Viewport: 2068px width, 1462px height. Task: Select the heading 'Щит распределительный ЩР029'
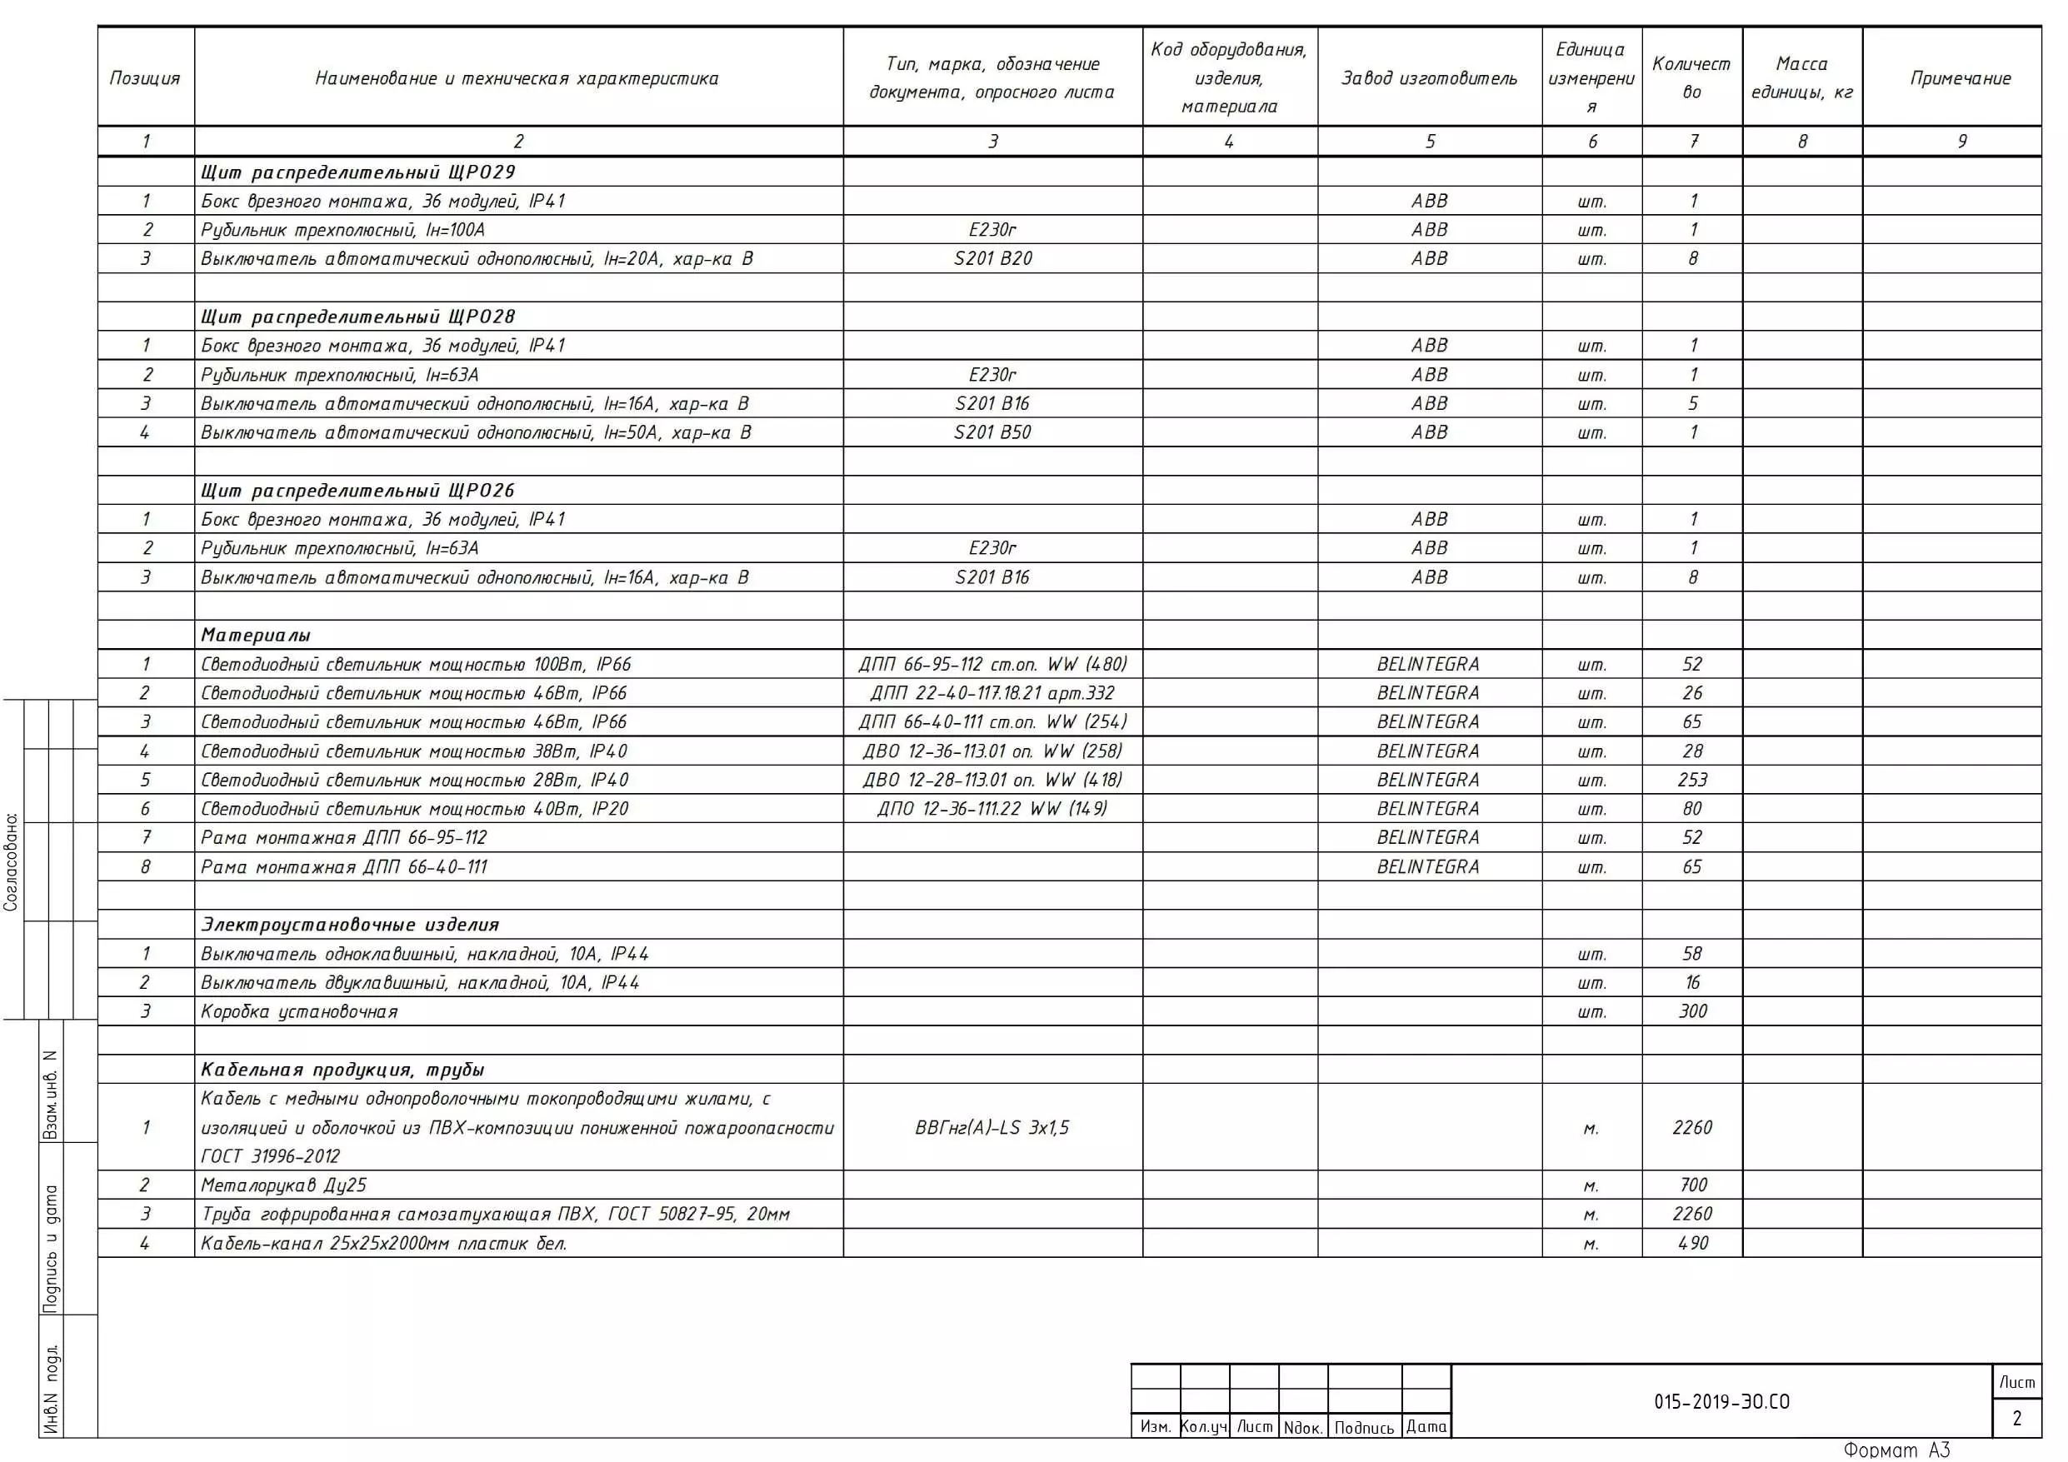tap(357, 172)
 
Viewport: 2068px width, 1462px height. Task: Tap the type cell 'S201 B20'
tap(992, 258)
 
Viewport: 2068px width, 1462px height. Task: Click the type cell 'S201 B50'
tap(992, 432)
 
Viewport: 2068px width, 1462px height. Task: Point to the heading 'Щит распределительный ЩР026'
tap(357, 490)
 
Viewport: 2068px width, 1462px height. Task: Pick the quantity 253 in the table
tap(1692, 780)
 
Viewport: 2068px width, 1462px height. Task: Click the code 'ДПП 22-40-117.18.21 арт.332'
tap(992, 694)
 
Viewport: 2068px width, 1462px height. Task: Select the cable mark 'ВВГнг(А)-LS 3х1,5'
tap(992, 1128)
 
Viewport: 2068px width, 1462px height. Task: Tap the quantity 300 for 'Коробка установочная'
tap(1692, 1011)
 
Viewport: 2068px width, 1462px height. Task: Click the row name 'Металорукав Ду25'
tap(284, 1185)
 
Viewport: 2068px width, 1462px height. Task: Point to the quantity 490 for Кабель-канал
tap(1692, 1243)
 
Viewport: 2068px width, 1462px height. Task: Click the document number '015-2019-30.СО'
tap(1721, 1402)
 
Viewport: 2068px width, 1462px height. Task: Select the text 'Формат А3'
tap(1896, 1450)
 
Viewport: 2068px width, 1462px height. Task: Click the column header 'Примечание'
tap(1960, 78)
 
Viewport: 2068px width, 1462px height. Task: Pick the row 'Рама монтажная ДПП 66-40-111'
tap(344, 867)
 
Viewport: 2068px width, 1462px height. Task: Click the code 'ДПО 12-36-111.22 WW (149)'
tap(992, 809)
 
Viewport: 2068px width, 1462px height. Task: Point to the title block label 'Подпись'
tap(1364, 1428)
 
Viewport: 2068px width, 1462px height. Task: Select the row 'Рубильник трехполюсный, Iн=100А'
tap(342, 230)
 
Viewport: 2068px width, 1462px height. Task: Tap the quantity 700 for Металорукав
tap(1692, 1185)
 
